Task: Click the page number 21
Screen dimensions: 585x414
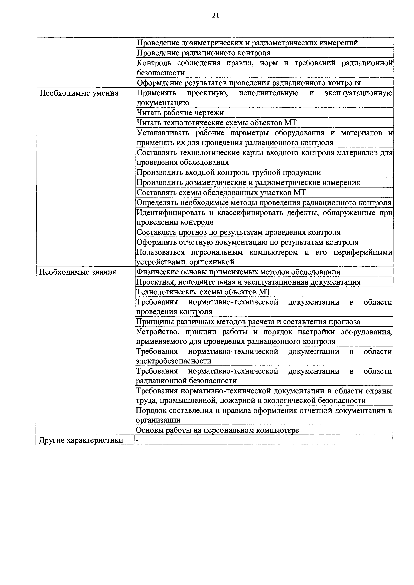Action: click(x=215, y=16)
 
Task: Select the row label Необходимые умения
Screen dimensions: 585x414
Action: click(x=79, y=93)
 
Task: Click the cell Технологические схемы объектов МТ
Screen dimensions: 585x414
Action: click(x=204, y=292)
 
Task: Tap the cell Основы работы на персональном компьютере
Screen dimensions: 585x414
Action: click(x=217, y=430)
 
